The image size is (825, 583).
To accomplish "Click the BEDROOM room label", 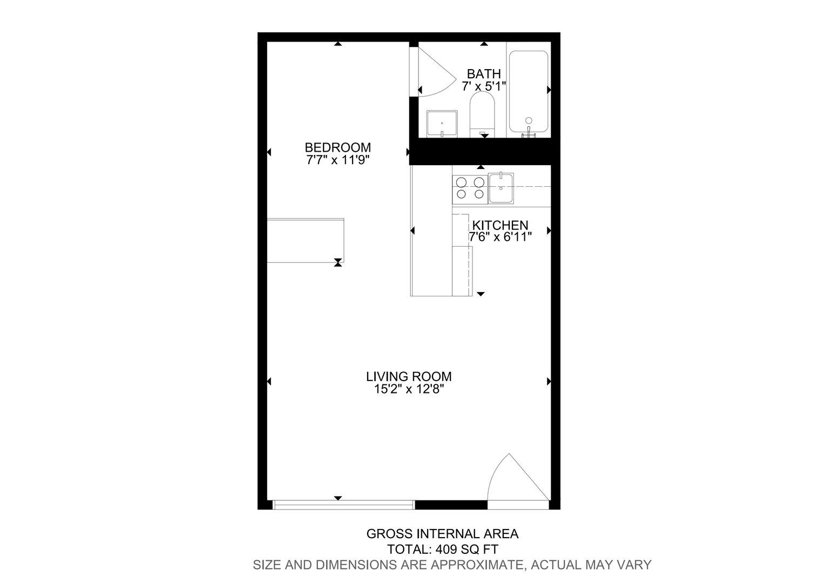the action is (x=338, y=147).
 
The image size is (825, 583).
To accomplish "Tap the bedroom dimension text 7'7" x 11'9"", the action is (x=338, y=160).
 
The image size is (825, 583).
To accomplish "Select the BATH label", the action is (x=484, y=74).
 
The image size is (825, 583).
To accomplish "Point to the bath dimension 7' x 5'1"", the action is (x=484, y=86).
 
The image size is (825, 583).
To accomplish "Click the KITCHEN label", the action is (x=500, y=225).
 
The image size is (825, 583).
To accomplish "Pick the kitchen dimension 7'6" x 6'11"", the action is (x=500, y=237).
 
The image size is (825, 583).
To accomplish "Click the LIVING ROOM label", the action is (x=409, y=376).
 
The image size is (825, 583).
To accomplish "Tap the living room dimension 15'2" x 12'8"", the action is (x=409, y=389).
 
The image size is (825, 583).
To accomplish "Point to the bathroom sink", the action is (x=442, y=124).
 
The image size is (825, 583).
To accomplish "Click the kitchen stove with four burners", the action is (x=470, y=189).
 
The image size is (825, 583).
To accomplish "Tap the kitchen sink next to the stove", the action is (x=501, y=188).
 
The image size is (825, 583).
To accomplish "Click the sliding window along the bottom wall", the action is (x=343, y=505).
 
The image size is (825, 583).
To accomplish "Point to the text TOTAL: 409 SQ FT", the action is (x=442, y=549).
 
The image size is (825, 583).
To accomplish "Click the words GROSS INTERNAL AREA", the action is (x=442, y=534).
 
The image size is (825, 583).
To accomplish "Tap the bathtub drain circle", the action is (x=529, y=120).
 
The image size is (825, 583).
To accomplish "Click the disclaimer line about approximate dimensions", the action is (x=452, y=565).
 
